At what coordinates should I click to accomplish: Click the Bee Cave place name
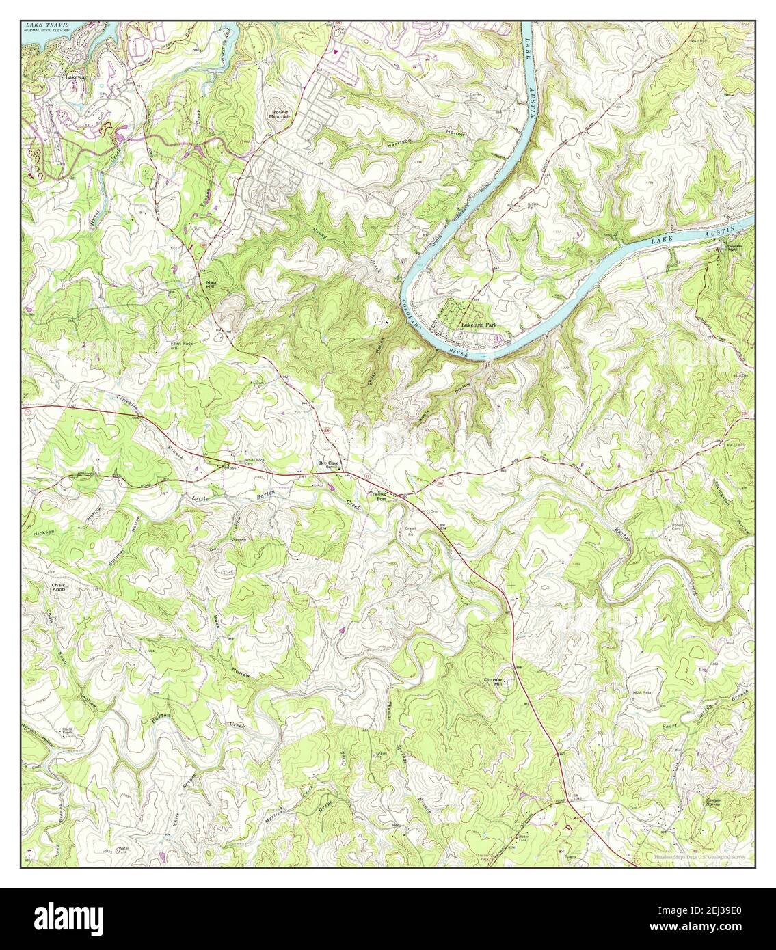point(329,464)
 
